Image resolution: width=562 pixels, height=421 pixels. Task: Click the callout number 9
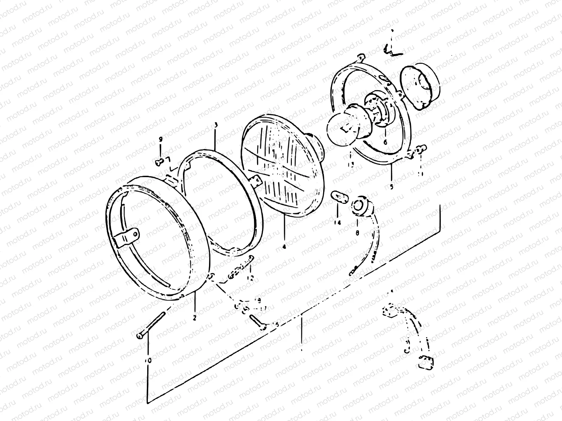[161, 140]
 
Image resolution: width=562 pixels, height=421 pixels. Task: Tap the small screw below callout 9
[159, 161]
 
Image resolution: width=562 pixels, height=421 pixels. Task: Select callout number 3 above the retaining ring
[216, 125]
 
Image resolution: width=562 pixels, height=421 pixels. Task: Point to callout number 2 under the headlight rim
[194, 318]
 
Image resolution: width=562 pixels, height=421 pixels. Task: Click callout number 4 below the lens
[284, 247]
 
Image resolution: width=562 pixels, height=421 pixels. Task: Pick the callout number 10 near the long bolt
[149, 360]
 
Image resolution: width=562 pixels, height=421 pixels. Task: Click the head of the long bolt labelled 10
[139, 336]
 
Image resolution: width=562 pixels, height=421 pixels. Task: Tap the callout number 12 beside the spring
[250, 278]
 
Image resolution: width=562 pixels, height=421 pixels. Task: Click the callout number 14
[338, 223]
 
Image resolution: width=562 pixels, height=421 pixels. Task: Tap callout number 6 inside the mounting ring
[385, 142]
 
